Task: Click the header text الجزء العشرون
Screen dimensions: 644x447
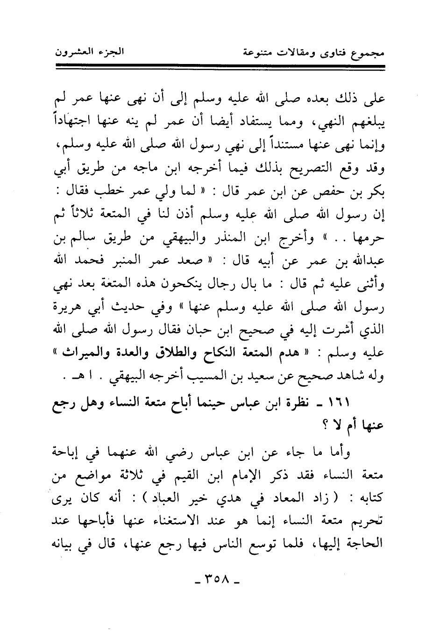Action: [89, 50]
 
